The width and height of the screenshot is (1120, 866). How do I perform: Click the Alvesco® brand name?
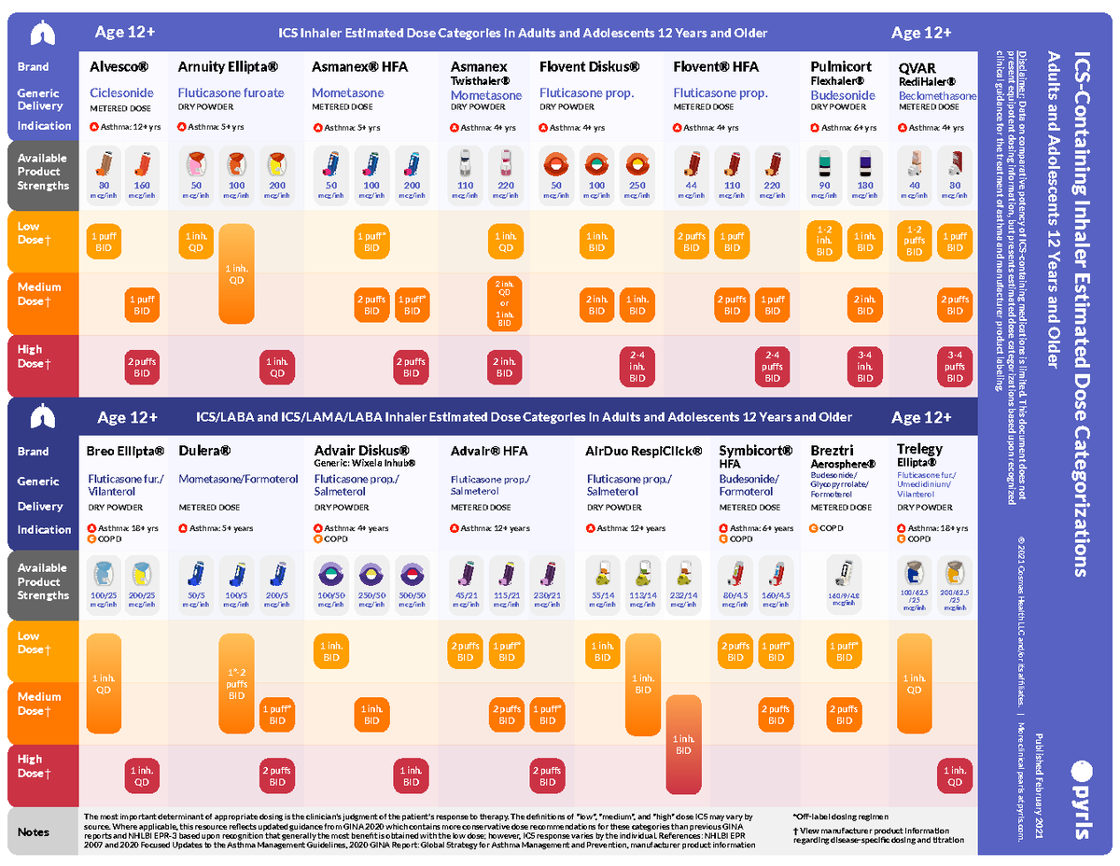[x=119, y=67]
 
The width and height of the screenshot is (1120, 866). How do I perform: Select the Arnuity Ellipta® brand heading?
[x=228, y=67]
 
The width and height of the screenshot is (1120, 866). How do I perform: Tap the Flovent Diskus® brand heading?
[x=589, y=67]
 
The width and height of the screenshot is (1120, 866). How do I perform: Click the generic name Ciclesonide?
[x=121, y=93]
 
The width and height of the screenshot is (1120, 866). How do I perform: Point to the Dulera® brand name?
[x=204, y=452]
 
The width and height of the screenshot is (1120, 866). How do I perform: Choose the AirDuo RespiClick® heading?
[x=643, y=452]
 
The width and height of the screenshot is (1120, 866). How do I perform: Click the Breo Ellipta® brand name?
[x=125, y=452]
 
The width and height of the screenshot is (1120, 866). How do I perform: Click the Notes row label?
[x=35, y=831]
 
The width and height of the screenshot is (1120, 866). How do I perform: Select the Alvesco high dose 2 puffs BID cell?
[x=142, y=368]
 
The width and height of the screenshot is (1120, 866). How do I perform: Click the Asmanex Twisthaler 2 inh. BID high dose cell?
[x=504, y=368]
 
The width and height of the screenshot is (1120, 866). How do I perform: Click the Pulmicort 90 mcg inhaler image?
[x=824, y=166]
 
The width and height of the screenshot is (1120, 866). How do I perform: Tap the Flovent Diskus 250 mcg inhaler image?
[x=637, y=166]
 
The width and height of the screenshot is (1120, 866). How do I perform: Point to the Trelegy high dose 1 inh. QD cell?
[x=954, y=776]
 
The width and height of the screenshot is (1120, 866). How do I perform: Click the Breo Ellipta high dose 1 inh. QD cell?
[x=142, y=776]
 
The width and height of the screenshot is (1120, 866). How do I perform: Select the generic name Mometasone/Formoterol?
[x=238, y=480]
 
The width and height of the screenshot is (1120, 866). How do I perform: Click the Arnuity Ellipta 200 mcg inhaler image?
[x=276, y=166]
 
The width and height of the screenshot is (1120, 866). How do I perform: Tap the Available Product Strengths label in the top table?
[x=43, y=172]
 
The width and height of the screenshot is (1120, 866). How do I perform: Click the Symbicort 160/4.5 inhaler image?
[x=776, y=574]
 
